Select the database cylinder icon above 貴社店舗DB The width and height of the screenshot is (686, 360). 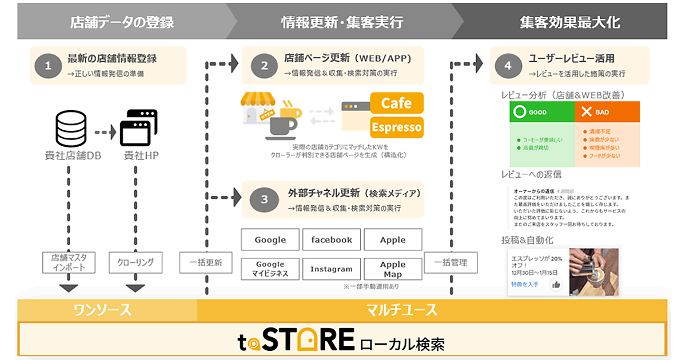click(x=71, y=129)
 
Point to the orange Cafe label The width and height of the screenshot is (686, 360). click(x=397, y=103)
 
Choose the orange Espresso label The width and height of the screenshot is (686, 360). click(x=397, y=126)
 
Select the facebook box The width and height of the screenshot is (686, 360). click(x=332, y=240)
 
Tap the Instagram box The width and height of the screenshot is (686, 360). click(x=332, y=269)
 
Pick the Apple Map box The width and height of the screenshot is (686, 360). click(x=393, y=269)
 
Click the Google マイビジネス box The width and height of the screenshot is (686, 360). click(x=270, y=269)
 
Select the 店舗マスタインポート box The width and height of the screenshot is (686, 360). click(x=69, y=262)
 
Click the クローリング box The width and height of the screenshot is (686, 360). click(x=135, y=262)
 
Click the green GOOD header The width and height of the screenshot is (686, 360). click(x=542, y=113)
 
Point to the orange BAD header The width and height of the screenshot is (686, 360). click(x=607, y=113)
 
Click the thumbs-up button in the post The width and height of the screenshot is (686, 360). click(x=556, y=284)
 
